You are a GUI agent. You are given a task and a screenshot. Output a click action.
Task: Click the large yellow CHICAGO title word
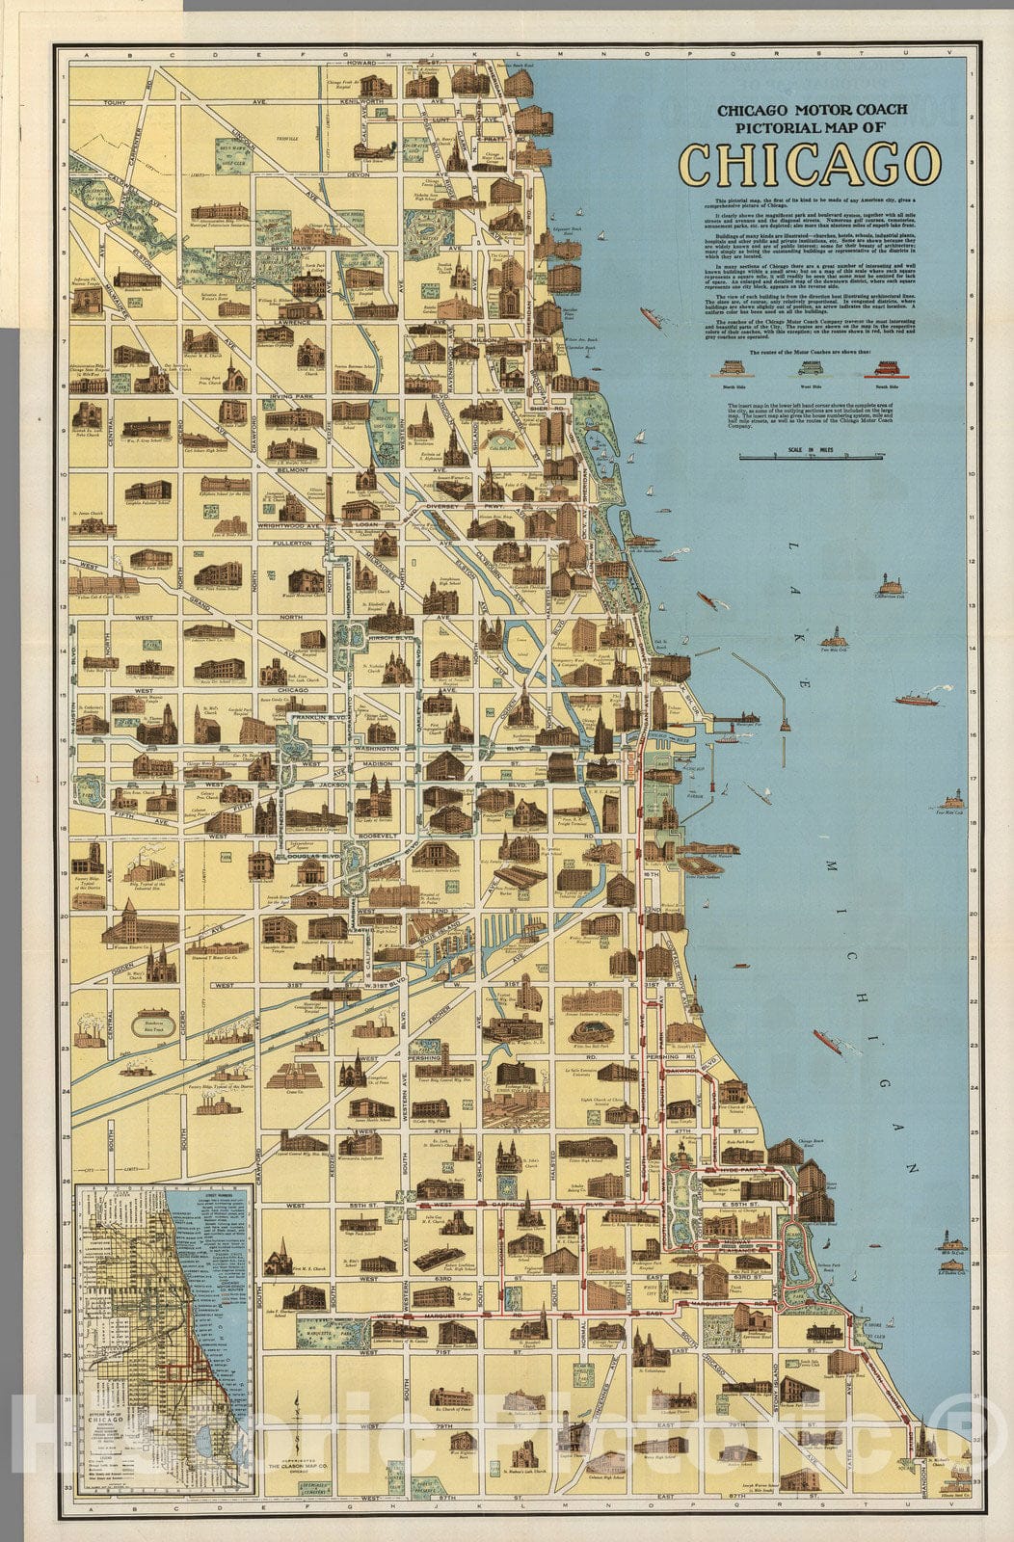click(810, 163)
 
